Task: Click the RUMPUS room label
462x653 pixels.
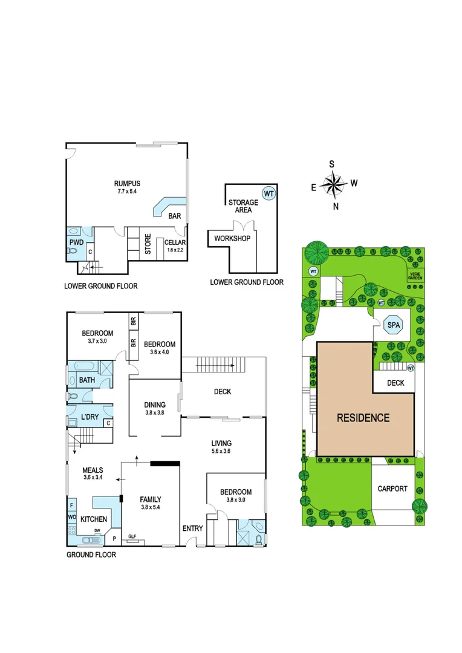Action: (127, 183)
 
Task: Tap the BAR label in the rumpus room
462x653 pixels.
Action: (175, 215)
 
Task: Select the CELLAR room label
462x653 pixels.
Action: (174, 242)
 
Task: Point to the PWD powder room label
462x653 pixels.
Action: (76, 242)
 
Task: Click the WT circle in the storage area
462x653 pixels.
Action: (268, 193)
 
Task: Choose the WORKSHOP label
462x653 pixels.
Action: (232, 238)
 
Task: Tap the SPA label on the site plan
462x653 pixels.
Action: (394, 325)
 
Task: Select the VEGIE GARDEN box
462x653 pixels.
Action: (415, 275)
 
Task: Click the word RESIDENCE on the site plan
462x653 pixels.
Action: (363, 418)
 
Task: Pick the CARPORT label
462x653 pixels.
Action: (393, 489)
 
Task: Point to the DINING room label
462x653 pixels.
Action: (155, 405)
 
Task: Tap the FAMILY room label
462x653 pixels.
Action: (151, 499)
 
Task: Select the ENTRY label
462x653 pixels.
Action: (193, 528)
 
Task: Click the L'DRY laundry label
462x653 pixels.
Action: (89, 417)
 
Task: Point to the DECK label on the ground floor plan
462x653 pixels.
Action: (222, 392)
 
